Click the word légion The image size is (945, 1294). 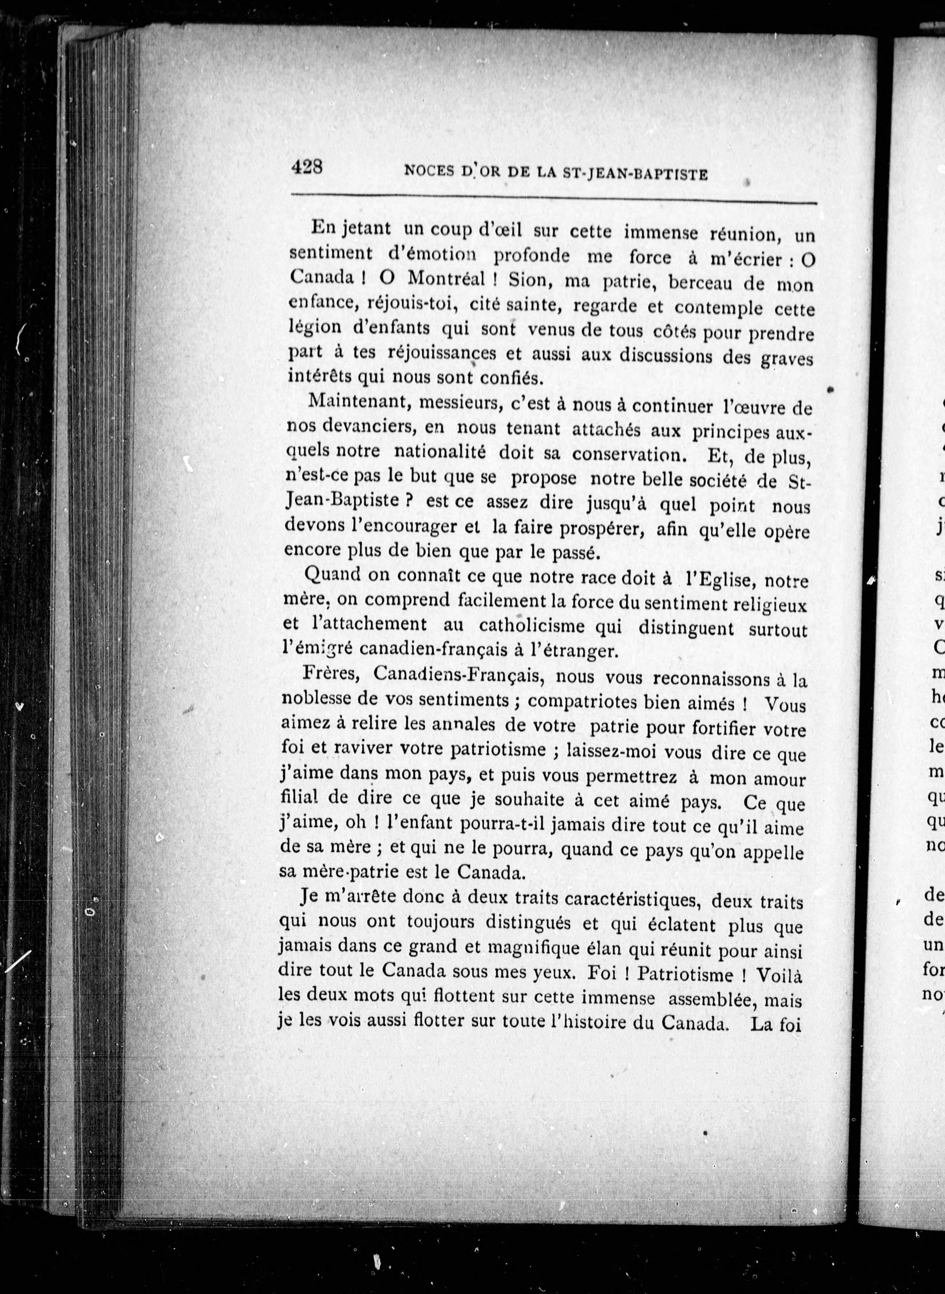pos(315,328)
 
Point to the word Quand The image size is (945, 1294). pos(330,574)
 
